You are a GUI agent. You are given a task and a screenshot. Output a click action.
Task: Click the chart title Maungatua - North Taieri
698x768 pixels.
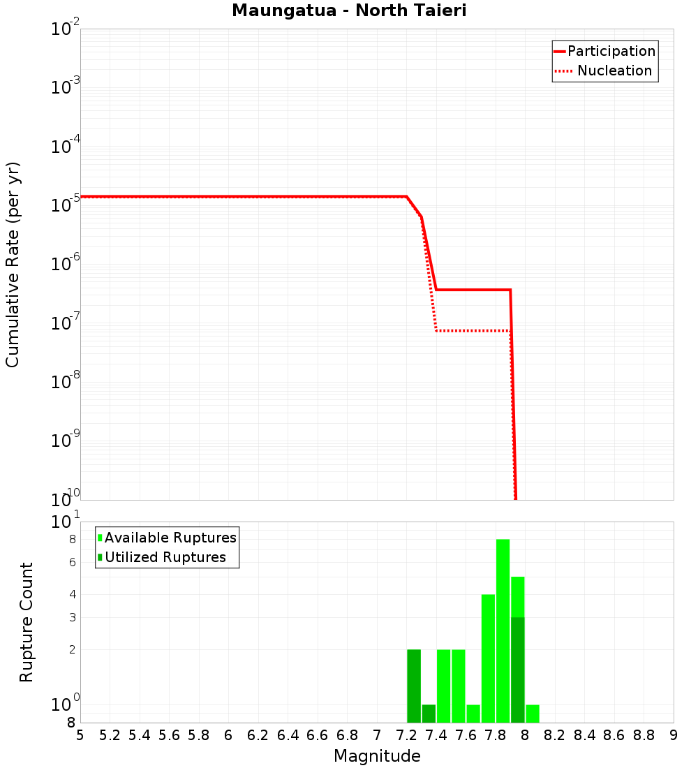coord(348,10)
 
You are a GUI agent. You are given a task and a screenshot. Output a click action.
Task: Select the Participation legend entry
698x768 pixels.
coord(611,51)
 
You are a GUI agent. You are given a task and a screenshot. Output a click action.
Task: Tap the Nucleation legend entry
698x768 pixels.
coord(614,71)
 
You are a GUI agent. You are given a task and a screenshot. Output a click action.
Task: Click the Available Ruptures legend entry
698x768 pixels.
coord(170,538)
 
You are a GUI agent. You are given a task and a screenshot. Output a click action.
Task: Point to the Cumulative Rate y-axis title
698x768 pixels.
coord(13,265)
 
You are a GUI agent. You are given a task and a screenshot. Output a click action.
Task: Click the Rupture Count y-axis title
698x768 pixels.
coord(27,622)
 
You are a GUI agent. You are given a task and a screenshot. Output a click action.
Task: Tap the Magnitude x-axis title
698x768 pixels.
coord(377,755)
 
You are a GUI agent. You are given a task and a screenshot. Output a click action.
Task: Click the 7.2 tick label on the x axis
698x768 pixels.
coord(407,735)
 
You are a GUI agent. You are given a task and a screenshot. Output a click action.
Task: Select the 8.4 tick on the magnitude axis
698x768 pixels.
coord(585,735)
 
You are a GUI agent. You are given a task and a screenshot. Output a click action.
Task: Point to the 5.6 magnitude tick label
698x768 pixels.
coord(170,735)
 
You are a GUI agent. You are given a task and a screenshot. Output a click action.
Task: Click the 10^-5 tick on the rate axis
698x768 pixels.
coord(66,204)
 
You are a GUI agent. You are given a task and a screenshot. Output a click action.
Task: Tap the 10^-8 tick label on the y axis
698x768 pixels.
coord(66,381)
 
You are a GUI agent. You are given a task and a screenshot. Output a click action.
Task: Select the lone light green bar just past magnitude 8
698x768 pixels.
coord(533,714)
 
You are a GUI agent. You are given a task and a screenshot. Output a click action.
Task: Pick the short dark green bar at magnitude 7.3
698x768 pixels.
coord(429,714)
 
